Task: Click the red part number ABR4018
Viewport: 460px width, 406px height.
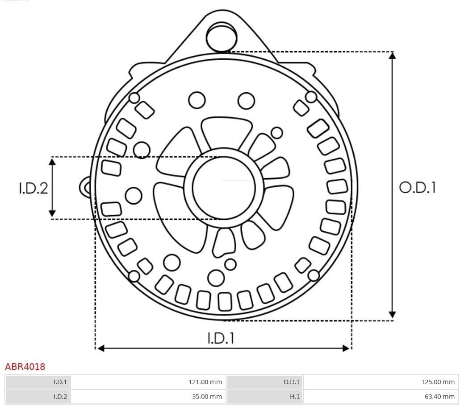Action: point(25,367)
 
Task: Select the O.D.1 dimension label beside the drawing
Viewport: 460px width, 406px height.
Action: point(417,188)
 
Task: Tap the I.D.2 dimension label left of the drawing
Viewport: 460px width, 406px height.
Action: point(33,188)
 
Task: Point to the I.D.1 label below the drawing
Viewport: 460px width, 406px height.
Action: point(221,338)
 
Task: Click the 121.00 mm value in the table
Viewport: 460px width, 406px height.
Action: point(205,382)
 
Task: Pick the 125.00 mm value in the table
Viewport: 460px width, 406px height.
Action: point(438,382)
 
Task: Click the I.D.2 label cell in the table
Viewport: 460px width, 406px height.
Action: point(60,396)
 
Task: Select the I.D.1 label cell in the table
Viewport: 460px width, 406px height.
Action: point(60,382)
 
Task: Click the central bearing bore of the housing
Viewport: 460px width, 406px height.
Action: point(224,188)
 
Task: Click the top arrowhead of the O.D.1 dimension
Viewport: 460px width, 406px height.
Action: point(392,56)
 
